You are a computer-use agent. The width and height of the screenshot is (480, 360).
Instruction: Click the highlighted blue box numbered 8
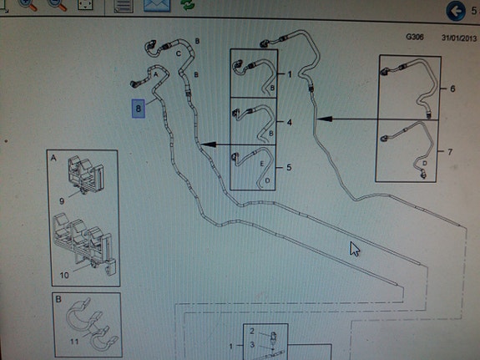point(138,108)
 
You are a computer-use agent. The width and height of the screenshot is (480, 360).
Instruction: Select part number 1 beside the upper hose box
point(290,74)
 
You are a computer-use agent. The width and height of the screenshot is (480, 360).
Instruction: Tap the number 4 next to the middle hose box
point(289,123)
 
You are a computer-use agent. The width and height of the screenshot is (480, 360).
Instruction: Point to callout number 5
point(289,167)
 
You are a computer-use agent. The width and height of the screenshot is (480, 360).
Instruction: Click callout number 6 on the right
point(452,89)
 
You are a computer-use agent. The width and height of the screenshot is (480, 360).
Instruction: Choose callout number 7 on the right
point(450,152)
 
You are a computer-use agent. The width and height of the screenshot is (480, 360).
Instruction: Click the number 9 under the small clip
point(62,201)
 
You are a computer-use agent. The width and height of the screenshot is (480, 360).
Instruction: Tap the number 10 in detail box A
point(64,275)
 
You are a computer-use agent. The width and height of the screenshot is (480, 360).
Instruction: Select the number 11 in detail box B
point(74,341)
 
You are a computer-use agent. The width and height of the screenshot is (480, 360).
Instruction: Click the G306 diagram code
point(415,37)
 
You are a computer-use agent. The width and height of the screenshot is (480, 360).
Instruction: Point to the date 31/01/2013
point(459,38)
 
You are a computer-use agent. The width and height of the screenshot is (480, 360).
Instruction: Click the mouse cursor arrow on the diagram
point(355,248)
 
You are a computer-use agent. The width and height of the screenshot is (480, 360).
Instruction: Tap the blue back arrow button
point(456,11)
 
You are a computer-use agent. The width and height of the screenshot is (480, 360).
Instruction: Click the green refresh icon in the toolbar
point(188,5)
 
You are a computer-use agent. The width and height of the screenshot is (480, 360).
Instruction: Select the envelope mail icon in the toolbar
point(157,6)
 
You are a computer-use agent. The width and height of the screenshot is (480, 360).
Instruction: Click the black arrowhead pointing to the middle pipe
point(208,145)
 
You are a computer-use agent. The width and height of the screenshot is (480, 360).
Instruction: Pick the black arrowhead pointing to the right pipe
point(325,119)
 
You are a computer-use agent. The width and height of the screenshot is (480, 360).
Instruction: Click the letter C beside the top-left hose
point(179,54)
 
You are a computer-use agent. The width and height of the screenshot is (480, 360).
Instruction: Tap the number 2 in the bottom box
point(252,331)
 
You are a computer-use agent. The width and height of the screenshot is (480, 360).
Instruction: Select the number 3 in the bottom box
point(252,345)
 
